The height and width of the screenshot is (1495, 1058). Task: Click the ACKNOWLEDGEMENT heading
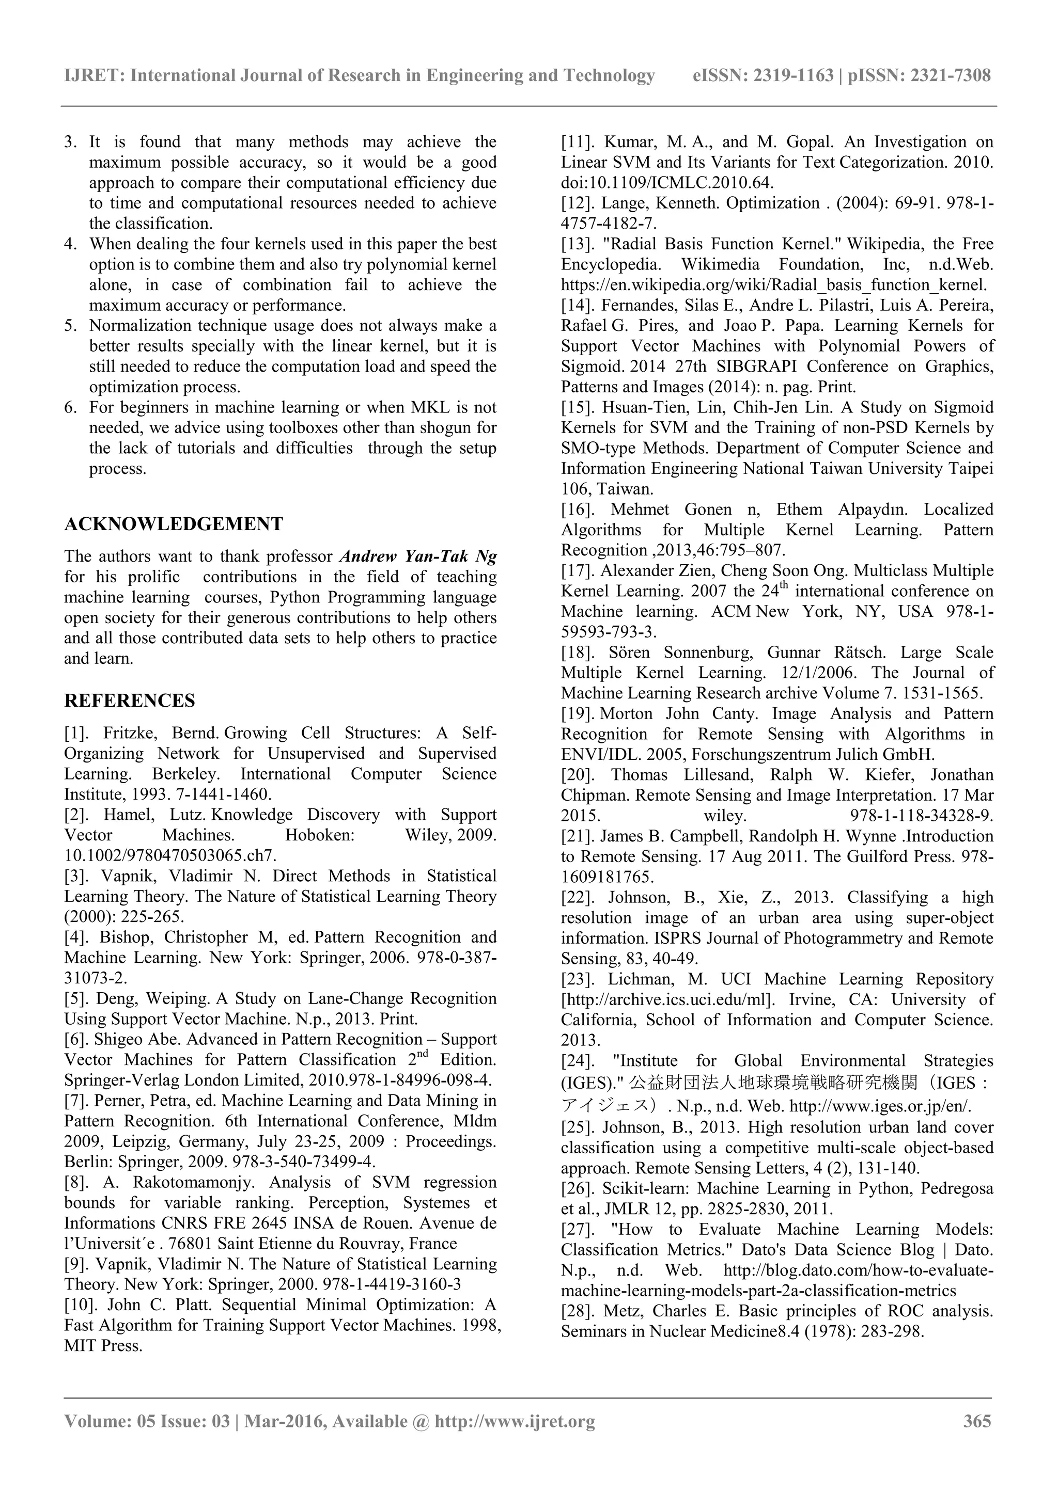tap(173, 524)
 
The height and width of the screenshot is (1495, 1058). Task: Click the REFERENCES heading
tap(129, 701)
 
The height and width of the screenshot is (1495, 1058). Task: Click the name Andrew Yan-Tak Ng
tap(418, 556)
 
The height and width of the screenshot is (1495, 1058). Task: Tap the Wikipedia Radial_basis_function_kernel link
tap(773, 285)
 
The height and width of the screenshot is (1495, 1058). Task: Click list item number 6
tap(71, 408)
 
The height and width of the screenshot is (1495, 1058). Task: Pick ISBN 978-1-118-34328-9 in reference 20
tap(921, 816)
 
